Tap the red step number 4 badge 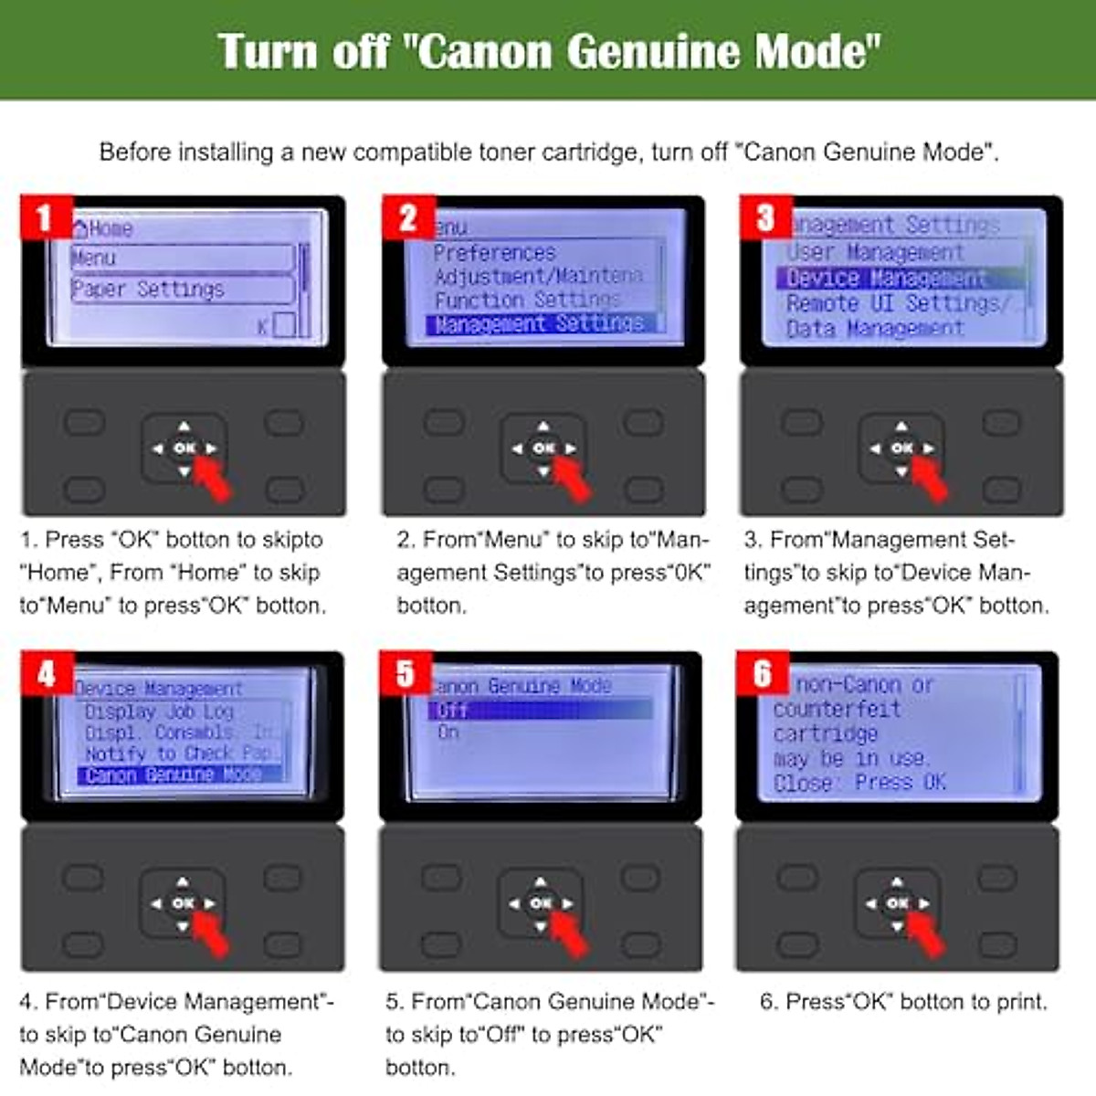click(x=47, y=674)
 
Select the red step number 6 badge click(x=763, y=674)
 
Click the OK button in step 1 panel click(x=184, y=448)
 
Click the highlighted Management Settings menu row click(x=540, y=323)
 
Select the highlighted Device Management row click(x=886, y=278)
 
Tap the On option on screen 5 click(x=448, y=732)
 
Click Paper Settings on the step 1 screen click(x=148, y=290)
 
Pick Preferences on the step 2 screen click(x=494, y=253)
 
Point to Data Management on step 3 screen click(x=874, y=328)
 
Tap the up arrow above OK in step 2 click(x=543, y=426)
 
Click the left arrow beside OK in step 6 click(x=871, y=903)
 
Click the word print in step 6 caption click(x=1020, y=1002)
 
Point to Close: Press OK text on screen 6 click(x=859, y=783)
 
